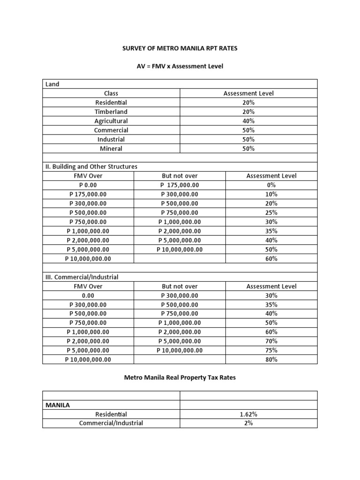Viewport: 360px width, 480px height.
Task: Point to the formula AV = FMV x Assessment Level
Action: pos(180,66)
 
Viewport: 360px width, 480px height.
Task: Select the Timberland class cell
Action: pos(111,112)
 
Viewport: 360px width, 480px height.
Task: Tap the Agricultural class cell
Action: pos(111,121)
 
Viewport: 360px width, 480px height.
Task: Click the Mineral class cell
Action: pos(111,149)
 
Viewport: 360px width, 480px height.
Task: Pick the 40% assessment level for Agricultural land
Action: pos(248,121)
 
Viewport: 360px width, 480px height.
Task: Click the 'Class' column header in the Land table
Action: pos(111,93)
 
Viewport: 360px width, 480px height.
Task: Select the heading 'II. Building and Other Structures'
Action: pos(91,166)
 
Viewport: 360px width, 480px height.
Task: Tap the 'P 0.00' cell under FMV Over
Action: pos(88,185)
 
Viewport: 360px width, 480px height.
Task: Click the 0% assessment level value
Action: pos(271,185)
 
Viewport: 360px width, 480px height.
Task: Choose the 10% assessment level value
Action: pos(271,194)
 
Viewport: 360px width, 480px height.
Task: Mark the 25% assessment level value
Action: pos(271,212)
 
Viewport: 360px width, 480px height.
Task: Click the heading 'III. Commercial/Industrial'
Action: pos(82,277)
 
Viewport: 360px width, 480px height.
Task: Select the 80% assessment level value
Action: pos(271,360)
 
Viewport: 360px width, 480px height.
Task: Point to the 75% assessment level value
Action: pos(271,350)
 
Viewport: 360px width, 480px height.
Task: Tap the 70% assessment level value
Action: pos(271,341)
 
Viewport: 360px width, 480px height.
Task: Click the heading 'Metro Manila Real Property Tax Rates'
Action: pos(180,377)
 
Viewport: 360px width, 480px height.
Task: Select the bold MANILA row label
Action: pos(58,405)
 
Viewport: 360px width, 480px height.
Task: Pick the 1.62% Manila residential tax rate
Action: pos(248,414)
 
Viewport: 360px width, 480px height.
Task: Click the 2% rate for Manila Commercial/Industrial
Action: pos(248,423)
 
